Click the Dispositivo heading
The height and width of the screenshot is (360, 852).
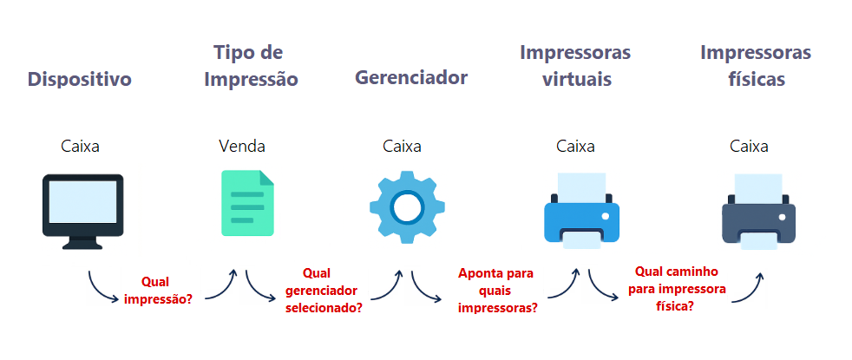80,80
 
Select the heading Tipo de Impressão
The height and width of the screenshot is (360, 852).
250,66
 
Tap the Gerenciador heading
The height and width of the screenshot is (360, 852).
411,77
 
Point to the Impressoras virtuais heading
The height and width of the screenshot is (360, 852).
576,66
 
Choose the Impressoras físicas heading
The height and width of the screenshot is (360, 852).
756,66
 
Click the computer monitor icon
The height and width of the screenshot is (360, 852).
83,211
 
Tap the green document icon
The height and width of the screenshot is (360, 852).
247,203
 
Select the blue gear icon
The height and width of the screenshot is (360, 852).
407,206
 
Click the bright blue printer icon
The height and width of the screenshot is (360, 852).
581,211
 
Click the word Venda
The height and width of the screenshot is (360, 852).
242,146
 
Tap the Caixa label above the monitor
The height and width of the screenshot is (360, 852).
81,146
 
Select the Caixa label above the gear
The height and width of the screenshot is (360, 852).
402,146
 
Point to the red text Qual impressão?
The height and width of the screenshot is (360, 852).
159,291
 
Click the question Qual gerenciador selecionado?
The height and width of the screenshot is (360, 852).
324,290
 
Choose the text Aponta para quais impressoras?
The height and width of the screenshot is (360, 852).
496,290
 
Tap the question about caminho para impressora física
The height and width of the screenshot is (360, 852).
681,287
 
